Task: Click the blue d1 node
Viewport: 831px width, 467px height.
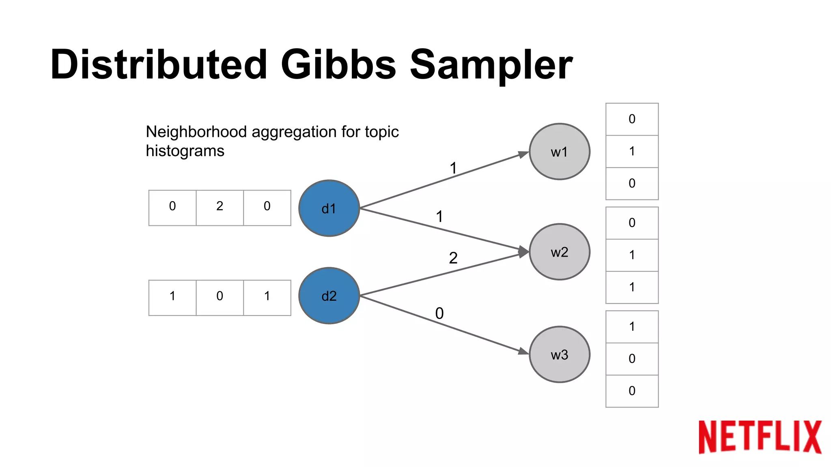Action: (329, 208)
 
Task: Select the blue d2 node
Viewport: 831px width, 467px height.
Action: (329, 296)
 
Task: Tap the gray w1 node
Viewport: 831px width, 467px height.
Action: (559, 152)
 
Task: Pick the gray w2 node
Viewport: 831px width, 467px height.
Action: (559, 252)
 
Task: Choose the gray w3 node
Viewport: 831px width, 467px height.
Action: (559, 354)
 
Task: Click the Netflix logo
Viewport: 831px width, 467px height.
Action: (760, 437)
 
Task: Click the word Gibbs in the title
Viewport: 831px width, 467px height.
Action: (338, 65)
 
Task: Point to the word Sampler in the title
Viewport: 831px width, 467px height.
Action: (491, 65)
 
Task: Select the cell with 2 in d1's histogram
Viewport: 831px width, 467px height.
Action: (220, 207)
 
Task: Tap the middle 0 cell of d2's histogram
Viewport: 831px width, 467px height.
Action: (220, 297)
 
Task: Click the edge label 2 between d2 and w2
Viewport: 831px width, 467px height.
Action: (453, 258)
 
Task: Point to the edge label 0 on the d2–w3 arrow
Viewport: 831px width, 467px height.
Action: (439, 313)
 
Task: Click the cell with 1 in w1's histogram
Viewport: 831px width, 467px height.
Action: (632, 151)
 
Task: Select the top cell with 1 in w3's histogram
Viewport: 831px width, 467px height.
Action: (632, 327)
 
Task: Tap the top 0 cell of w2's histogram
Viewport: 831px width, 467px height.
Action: (632, 223)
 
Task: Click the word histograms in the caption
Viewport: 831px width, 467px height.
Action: (185, 151)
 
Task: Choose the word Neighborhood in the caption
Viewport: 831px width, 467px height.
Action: (196, 132)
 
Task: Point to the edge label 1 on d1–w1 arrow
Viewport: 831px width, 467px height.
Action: (453, 168)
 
